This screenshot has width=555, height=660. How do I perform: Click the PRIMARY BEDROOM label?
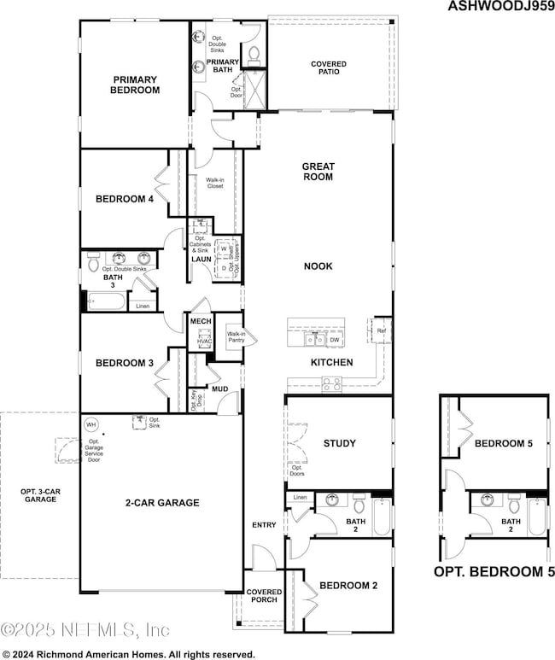136,84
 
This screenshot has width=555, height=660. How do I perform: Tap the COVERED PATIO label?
329,68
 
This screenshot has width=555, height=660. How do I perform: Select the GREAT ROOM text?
317,172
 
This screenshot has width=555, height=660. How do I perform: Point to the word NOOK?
318,266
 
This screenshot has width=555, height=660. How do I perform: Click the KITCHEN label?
307,363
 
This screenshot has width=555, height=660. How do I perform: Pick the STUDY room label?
339,443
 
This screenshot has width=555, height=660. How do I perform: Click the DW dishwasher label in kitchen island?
334,339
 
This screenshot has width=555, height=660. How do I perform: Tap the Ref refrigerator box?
380,330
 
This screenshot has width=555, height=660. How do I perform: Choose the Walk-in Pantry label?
236,336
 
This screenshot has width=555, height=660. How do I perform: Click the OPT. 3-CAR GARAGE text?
38,495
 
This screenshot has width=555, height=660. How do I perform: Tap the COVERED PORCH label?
263,596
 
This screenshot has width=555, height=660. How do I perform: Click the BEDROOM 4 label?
125,199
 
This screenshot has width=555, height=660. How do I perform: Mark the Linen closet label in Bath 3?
142,305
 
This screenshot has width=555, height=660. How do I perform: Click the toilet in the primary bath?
254,53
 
